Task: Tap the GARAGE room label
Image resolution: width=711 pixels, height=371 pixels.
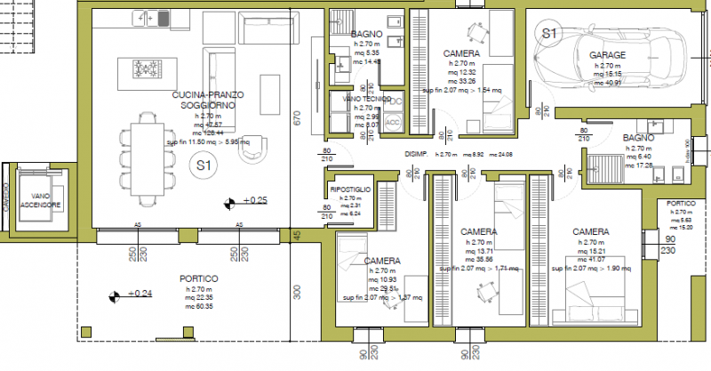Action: pos(607,55)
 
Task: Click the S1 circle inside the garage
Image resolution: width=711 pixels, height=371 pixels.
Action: pos(548,33)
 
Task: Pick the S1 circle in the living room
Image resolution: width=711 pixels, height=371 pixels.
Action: pos(204,165)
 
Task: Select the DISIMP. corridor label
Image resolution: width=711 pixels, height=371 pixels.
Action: pos(417,154)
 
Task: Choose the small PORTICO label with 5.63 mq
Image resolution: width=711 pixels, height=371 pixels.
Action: pos(683,204)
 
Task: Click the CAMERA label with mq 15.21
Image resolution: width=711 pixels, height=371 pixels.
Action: pos(590,231)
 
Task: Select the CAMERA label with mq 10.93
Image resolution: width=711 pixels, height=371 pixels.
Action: pos(382,261)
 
